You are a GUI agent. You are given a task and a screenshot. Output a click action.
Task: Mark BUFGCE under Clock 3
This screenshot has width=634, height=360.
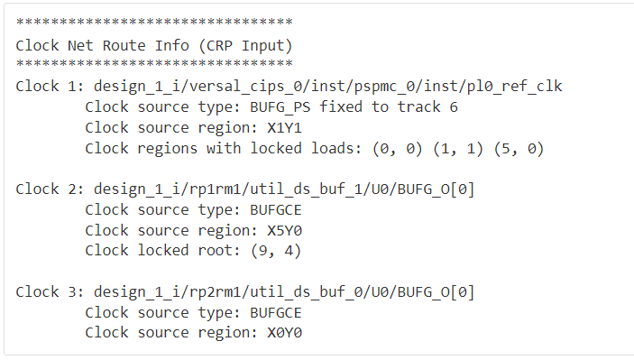click(271, 313)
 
